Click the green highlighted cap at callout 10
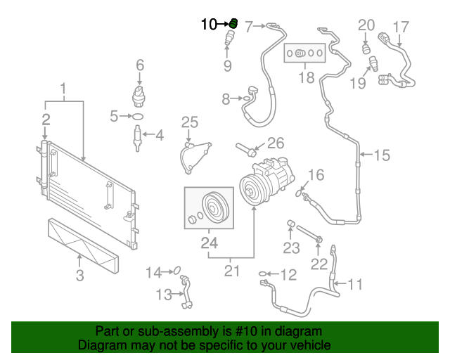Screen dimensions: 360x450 coord(233,24)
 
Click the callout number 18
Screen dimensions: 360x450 coord(306,77)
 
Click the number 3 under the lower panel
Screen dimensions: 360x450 coord(79,276)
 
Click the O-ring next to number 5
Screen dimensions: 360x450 coord(139,116)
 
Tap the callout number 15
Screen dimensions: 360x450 coord(380,155)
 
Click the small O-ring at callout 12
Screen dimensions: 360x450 coord(264,273)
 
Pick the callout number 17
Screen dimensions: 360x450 coord(400,27)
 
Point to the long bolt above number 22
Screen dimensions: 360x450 coord(309,233)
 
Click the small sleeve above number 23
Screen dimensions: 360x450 coord(288,226)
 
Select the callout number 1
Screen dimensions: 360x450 coord(63,89)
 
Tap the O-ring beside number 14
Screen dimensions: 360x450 coord(177,269)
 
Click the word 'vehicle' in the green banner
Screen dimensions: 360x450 coord(304,346)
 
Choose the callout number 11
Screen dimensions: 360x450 coord(356,284)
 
